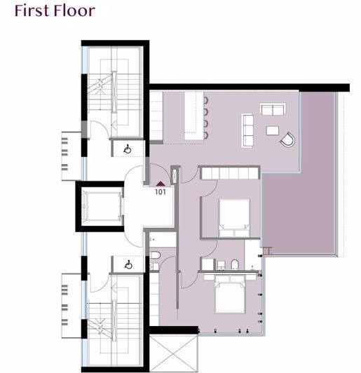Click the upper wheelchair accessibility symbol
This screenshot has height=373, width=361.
pyautogui.click(x=128, y=149)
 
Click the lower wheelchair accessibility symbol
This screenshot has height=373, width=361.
pyautogui.click(x=128, y=265)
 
